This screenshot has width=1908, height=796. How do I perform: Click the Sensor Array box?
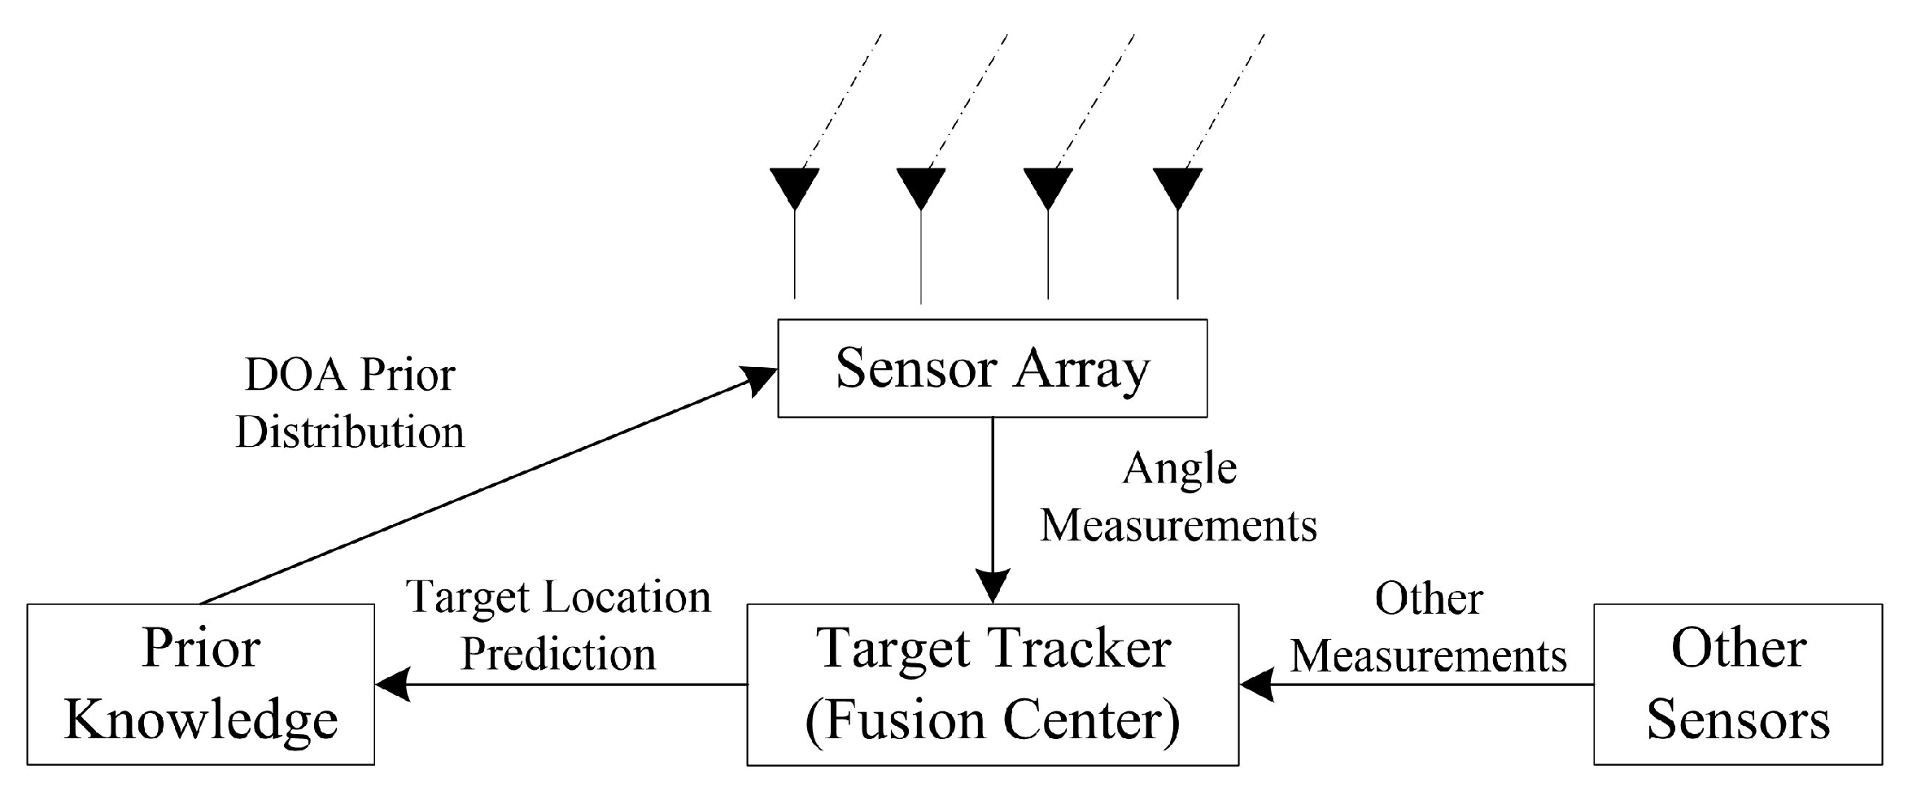tap(992, 368)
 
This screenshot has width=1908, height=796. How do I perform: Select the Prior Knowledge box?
tap(200, 684)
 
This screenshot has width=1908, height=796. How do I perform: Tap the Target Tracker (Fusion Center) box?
tap(992, 684)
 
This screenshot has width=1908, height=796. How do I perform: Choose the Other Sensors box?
tap(1737, 684)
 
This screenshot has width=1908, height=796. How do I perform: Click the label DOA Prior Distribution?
tap(350, 404)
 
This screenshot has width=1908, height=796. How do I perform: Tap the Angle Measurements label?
tap(1179, 497)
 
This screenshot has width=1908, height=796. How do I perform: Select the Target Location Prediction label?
tap(558, 625)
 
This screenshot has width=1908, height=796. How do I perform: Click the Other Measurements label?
tap(1428, 627)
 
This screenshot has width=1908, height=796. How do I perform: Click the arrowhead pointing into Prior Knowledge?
tap(392, 684)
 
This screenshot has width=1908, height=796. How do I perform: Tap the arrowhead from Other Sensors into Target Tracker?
tap(1257, 684)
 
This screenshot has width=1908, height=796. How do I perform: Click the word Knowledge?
tap(201, 720)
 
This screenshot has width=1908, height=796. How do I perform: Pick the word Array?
tap(1081, 370)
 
